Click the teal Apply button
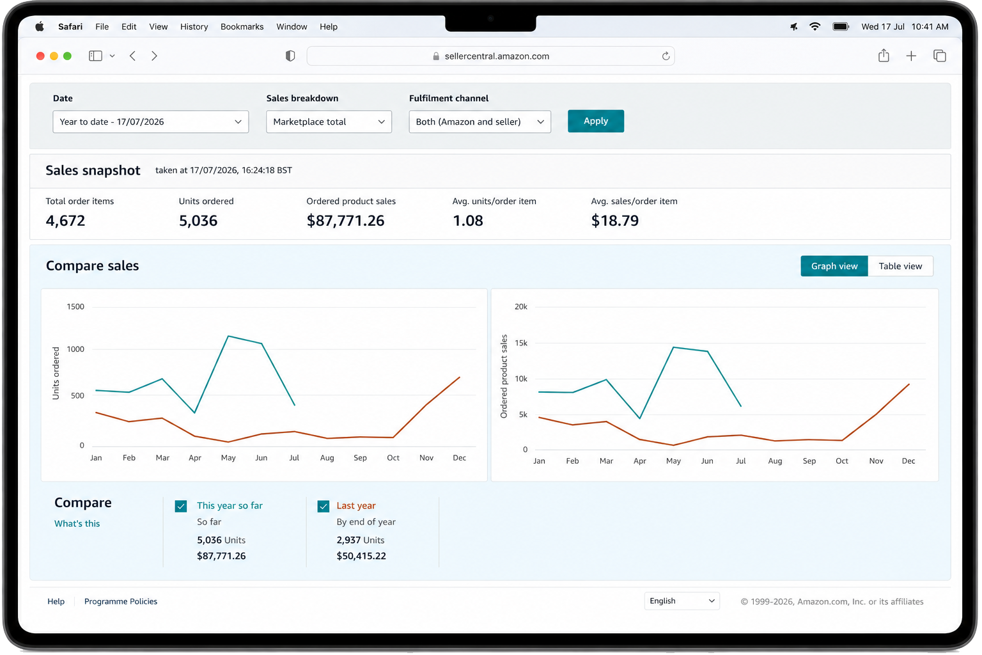(x=595, y=121)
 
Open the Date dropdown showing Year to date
(x=150, y=122)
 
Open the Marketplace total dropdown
(x=329, y=122)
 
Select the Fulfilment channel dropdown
(x=479, y=122)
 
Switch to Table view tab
(x=900, y=266)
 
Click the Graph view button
(x=834, y=266)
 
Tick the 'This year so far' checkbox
(x=181, y=506)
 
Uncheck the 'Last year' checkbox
(x=323, y=506)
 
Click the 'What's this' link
(x=77, y=523)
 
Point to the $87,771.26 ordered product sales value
(x=345, y=220)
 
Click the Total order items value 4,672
(x=65, y=220)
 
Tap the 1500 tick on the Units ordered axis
(x=75, y=306)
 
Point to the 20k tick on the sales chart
(x=521, y=306)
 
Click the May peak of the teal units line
(x=228, y=336)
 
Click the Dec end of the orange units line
(x=460, y=377)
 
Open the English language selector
(x=682, y=601)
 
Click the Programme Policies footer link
(x=121, y=601)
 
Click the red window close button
(x=40, y=56)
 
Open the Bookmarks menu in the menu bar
(x=242, y=27)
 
